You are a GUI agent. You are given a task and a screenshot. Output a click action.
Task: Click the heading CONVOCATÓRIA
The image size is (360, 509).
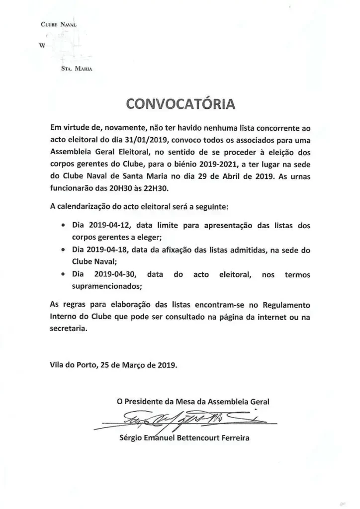point(180,104)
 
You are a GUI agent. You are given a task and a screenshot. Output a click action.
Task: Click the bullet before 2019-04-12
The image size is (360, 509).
point(61,226)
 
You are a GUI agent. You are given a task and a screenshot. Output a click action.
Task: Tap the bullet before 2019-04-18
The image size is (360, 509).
point(61,250)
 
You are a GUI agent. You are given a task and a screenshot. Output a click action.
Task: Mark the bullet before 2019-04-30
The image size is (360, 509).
point(61,274)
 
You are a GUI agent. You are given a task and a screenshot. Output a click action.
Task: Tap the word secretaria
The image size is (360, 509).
point(70,327)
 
